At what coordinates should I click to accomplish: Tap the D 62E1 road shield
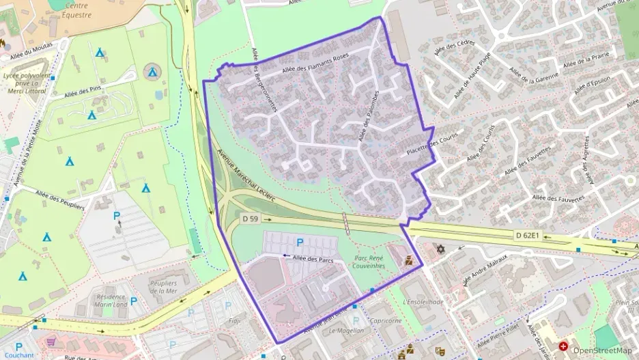click(528, 236)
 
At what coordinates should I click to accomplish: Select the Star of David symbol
click(440, 249)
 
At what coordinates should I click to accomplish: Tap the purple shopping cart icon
click(51, 341)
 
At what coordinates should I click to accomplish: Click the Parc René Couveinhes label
click(369, 262)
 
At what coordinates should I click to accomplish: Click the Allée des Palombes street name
click(369, 117)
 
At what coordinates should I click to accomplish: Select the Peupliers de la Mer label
click(164, 287)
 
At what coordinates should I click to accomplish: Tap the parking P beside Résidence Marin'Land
click(134, 301)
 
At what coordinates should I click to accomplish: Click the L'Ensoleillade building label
click(423, 301)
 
